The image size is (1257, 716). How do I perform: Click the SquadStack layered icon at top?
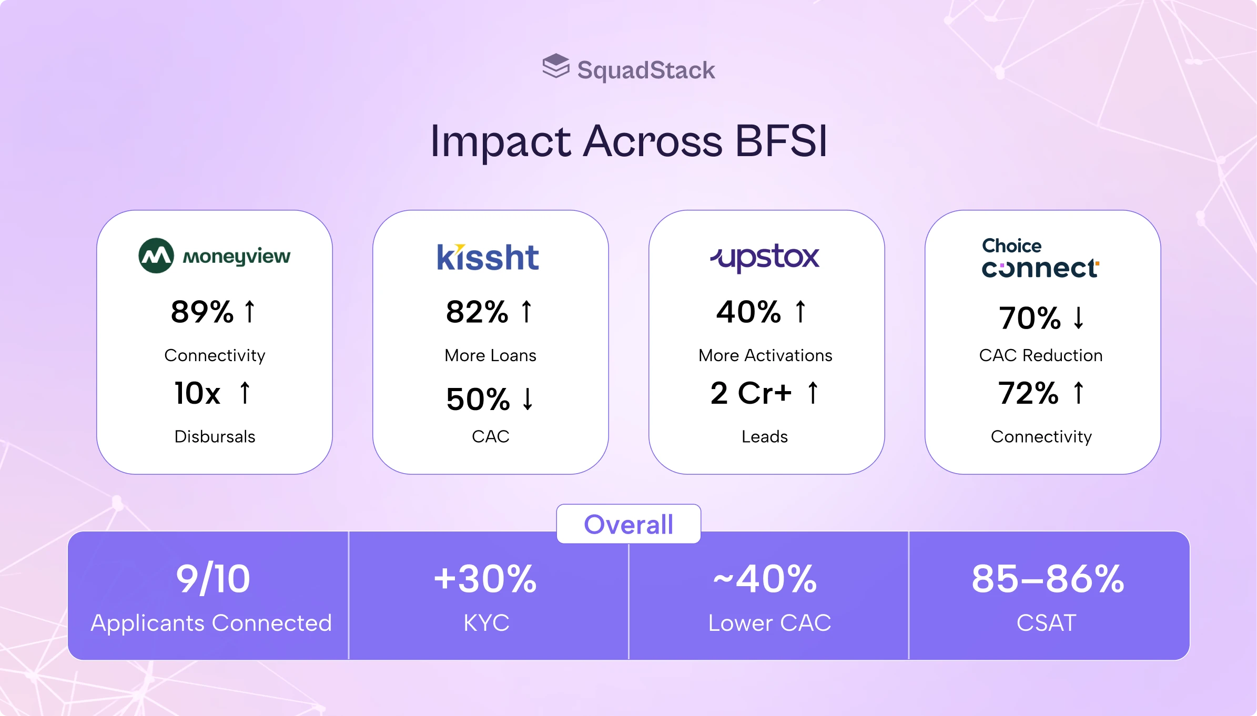tap(556, 67)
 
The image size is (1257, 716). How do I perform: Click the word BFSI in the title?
tap(781, 141)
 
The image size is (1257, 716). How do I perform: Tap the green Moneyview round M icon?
tap(156, 255)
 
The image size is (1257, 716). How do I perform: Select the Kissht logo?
tap(488, 257)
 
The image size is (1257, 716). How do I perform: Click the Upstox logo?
tap(765, 258)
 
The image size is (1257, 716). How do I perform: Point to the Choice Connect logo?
tap(1040, 258)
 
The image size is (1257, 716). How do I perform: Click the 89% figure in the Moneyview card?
tap(202, 312)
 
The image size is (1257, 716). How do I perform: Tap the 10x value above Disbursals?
tap(198, 393)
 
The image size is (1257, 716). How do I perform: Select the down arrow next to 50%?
tap(528, 399)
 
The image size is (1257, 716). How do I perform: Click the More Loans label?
tap(490, 356)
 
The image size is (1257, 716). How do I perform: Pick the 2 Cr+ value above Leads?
tap(751, 393)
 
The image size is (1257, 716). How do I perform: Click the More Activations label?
tap(765, 356)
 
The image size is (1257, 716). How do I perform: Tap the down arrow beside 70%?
tap(1079, 318)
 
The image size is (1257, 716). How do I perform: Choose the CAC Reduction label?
tap(1041, 356)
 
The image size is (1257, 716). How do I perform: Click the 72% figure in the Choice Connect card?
tap(1028, 393)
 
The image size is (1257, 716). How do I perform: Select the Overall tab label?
tap(628, 524)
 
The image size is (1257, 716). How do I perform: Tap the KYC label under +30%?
tap(486, 623)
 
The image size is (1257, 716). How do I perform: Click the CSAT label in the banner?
tap(1047, 623)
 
